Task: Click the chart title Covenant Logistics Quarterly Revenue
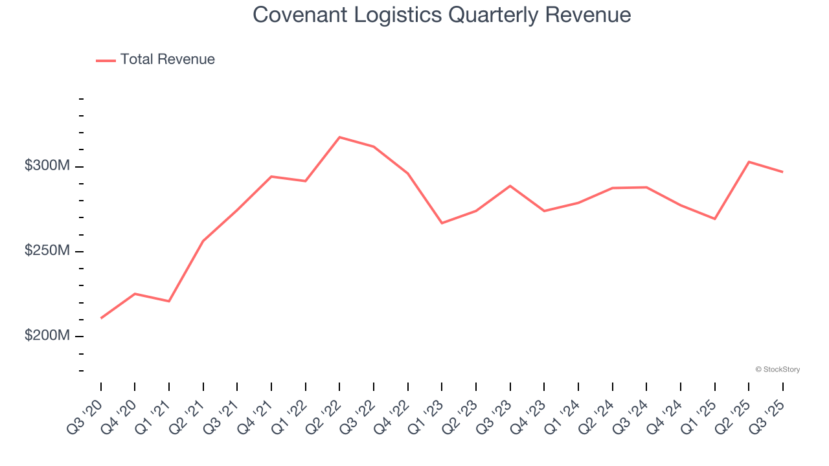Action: pos(442,14)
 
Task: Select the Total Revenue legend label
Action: pos(167,60)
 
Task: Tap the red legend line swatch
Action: pos(106,60)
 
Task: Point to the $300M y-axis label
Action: pos(47,166)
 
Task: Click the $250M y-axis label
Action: pos(47,250)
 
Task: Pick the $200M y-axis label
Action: pos(47,335)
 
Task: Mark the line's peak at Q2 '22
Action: pos(339,137)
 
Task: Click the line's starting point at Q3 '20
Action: pos(101,318)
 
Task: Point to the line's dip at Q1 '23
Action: pos(442,223)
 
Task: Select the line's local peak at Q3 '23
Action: pos(510,186)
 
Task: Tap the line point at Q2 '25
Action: pos(749,162)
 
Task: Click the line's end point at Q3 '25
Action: pos(782,172)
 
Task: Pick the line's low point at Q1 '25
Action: pos(714,219)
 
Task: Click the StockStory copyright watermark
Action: pos(777,370)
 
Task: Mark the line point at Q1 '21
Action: pos(169,301)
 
